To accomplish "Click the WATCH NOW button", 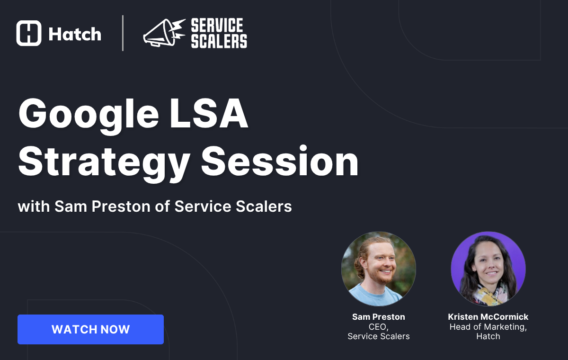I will tap(90, 329).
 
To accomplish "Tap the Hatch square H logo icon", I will tap(29, 33).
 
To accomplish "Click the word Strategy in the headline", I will tap(104, 162).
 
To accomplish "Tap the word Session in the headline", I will tap(280, 162).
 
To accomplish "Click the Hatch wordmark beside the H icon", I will tap(75, 34).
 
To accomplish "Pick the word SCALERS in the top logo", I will tap(219, 41).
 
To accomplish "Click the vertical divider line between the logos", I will tap(123, 33).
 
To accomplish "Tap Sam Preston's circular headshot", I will tap(379, 269).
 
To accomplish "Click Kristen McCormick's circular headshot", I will tap(488, 269).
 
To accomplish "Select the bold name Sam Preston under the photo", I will tap(379, 317).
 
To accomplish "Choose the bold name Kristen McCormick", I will tap(488, 317).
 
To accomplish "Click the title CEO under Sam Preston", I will tap(378, 327).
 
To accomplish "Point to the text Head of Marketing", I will tap(488, 327).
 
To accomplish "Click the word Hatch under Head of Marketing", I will tap(488, 336).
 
